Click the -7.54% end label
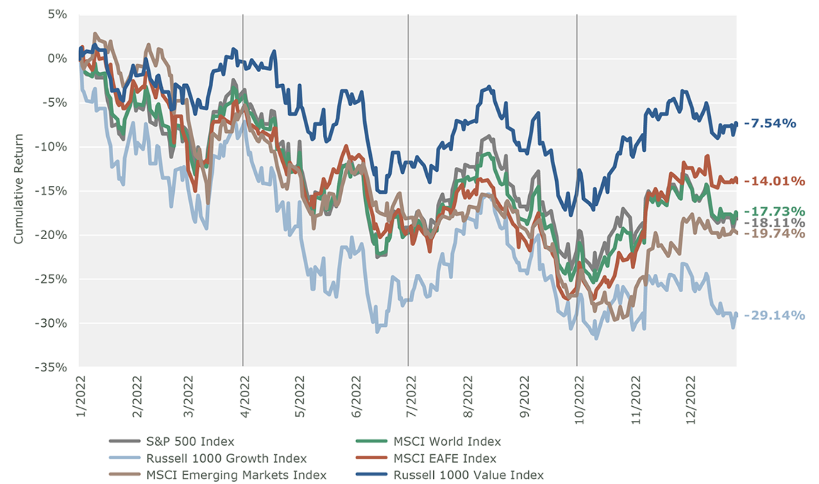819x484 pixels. (x=770, y=123)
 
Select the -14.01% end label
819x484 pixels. (x=774, y=181)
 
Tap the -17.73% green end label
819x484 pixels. (x=774, y=212)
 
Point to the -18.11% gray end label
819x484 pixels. (x=774, y=223)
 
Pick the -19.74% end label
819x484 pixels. (x=774, y=233)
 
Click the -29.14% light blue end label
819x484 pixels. (x=774, y=315)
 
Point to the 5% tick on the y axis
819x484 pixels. (x=57, y=14)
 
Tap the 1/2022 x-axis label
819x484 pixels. (x=81, y=396)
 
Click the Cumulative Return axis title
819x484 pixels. (x=18, y=189)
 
